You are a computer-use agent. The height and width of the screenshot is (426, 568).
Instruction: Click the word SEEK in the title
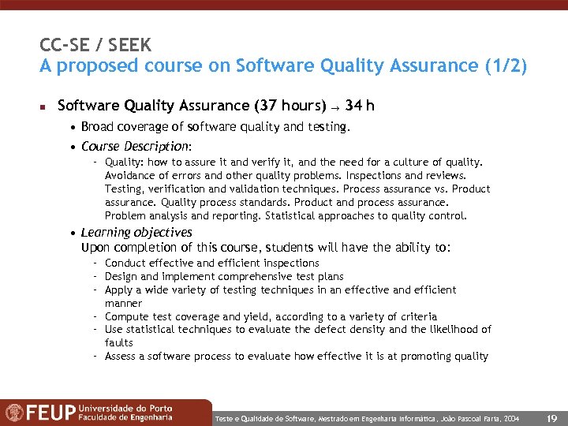click(131, 44)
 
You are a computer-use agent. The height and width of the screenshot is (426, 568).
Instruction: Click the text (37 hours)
click(290, 106)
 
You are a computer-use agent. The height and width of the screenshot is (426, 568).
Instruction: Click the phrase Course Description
click(135, 147)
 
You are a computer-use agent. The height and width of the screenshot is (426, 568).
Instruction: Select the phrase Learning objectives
click(136, 233)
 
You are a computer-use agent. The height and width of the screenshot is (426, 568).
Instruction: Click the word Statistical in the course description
click(295, 215)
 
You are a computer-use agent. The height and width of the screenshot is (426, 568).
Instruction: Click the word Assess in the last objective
click(121, 356)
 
